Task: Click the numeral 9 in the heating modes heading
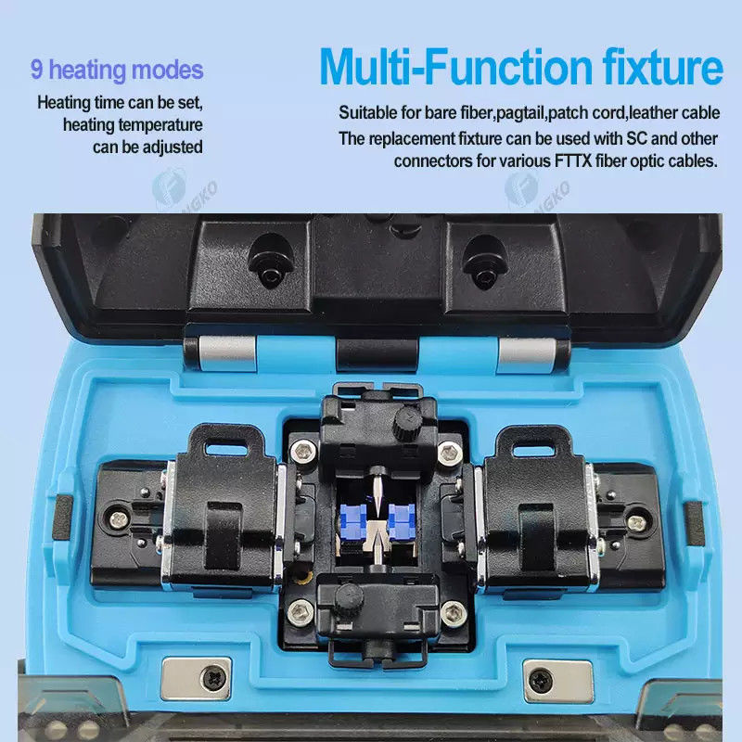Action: pos(37,69)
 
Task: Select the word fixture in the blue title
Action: pos(662,67)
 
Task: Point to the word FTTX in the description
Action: pos(572,160)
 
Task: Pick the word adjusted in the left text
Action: pos(173,147)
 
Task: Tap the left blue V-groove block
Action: pos(353,522)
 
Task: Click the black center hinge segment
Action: pos(377,354)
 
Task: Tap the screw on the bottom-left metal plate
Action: pos(213,680)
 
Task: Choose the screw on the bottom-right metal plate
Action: pos(541,680)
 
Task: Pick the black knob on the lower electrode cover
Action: pos(348,597)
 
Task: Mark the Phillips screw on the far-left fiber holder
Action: pos(119,519)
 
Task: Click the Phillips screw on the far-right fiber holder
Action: pos(636,522)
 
